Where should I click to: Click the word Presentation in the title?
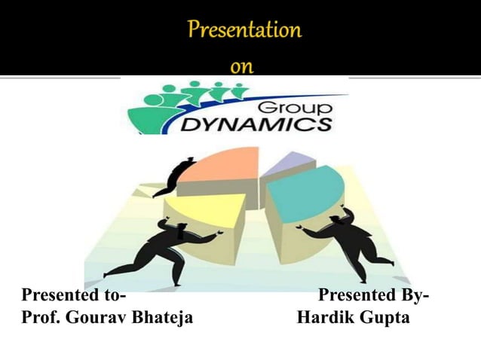244,31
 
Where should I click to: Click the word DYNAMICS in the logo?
256,124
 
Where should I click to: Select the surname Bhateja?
162,318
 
